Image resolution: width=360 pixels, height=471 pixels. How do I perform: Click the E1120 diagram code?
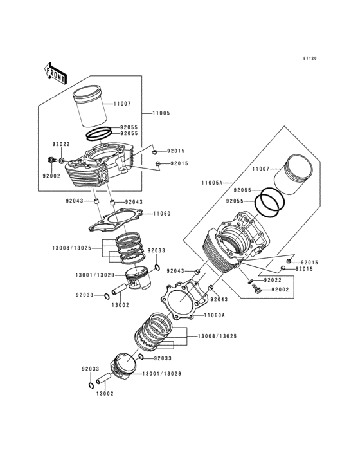click(310, 59)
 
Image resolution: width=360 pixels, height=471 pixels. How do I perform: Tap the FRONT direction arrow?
click(57, 73)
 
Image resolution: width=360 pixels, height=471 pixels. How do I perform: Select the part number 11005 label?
click(161, 113)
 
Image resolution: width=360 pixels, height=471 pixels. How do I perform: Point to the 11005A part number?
click(212, 183)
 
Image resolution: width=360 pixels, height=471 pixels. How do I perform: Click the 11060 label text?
click(161, 213)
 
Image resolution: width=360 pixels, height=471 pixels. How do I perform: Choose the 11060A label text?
click(214, 315)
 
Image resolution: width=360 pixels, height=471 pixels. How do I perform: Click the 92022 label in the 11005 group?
click(61, 144)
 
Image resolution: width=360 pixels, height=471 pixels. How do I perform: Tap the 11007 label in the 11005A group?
click(261, 169)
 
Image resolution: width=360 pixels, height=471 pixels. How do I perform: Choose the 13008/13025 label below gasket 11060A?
click(217, 337)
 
